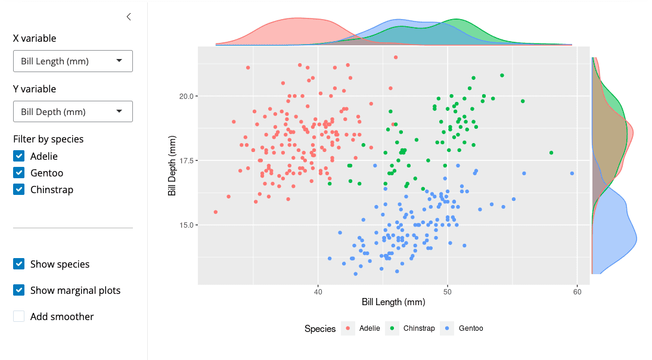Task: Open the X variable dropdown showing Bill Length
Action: pos(73,61)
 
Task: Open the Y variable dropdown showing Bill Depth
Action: pos(73,111)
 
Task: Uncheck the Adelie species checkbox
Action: pos(19,156)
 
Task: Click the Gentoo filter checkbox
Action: pos(19,173)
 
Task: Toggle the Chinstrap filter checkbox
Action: pos(19,190)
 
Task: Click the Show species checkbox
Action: pos(19,264)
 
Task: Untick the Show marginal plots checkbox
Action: pos(19,290)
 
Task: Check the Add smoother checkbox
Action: pos(19,316)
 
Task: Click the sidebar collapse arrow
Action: pos(129,17)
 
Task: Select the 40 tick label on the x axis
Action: pos(318,292)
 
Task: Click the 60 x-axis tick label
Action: pos(577,292)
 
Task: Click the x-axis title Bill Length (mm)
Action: pos(393,302)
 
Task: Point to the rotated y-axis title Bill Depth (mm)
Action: pos(172,166)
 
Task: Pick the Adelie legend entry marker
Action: pos(347,328)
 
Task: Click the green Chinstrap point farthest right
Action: pos(551,153)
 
